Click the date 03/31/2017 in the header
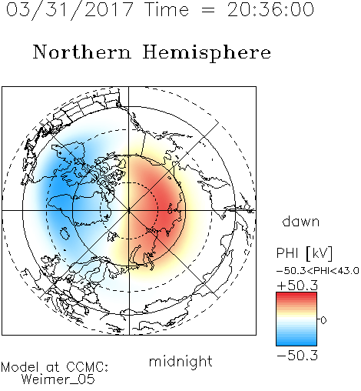[x=69, y=10]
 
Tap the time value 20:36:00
[x=270, y=9]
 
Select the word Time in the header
[x=167, y=9]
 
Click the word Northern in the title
[x=82, y=52]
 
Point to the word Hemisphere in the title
[x=207, y=53]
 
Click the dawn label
[x=300, y=221]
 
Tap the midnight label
[x=180, y=361]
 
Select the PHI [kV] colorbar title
[x=304, y=253]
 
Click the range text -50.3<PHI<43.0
[x=318, y=271]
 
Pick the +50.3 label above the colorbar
[x=297, y=286]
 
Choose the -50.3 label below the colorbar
[x=297, y=356]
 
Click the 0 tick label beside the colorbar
[x=323, y=320]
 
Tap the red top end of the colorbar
[x=296, y=295]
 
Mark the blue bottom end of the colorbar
[x=296, y=343]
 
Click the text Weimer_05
[x=58, y=379]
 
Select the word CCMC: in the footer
[x=87, y=367]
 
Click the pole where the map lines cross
[x=129, y=211]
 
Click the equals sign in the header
[x=208, y=10]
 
